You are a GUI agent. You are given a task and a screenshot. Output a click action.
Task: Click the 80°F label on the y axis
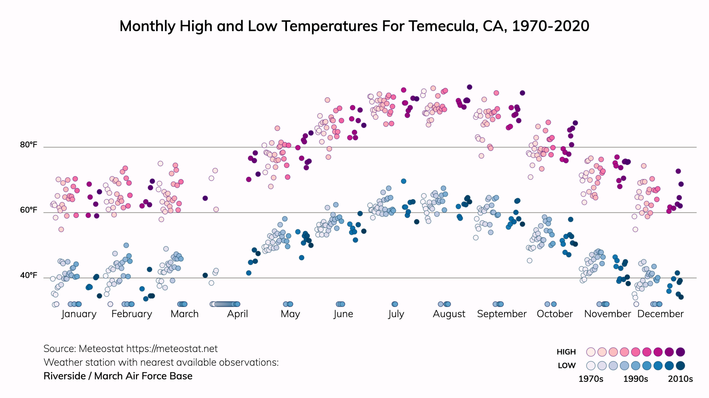[28, 145]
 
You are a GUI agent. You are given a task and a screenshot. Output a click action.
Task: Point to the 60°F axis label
[28, 210]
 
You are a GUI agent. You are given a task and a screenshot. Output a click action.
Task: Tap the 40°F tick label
[28, 275]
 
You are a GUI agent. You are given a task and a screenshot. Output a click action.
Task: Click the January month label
[79, 314]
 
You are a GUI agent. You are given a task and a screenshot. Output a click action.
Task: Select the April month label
[237, 314]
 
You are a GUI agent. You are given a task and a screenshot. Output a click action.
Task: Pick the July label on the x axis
[396, 314]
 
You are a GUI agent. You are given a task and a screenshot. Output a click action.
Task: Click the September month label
[502, 314]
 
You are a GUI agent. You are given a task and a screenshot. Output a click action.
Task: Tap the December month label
[660, 314]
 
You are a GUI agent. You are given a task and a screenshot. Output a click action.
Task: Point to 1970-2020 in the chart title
[550, 26]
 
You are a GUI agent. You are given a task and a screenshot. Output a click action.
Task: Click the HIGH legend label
[566, 352]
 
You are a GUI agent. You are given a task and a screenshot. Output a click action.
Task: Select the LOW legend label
[567, 365]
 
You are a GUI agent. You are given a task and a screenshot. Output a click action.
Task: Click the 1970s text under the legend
[591, 379]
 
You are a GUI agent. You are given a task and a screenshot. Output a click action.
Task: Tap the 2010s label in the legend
[680, 379]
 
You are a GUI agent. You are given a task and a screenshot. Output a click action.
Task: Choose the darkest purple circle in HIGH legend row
[680, 352]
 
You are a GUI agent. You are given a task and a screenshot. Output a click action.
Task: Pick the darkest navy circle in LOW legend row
[680, 365]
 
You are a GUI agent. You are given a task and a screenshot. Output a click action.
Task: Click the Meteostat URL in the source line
[172, 349]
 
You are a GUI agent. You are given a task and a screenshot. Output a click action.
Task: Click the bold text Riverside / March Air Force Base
[118, 376]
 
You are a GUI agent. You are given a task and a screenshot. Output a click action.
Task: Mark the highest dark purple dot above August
[469, 87]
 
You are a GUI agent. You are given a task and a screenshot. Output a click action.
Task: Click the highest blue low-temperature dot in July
[403, 181]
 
